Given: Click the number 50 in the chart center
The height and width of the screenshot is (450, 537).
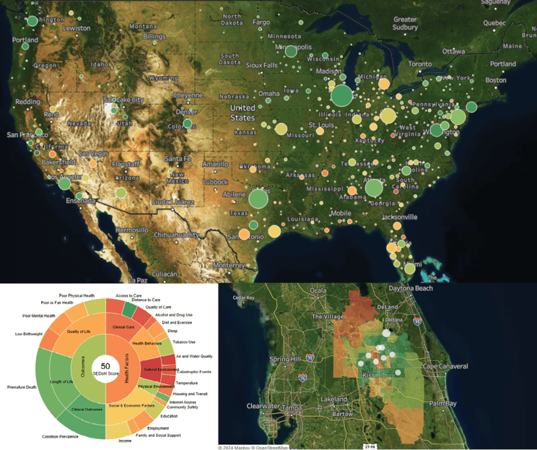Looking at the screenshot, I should [105, 367].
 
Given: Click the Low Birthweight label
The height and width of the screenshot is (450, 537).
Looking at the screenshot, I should [30, 334].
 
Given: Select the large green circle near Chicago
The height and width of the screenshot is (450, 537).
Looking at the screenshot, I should [342, 95].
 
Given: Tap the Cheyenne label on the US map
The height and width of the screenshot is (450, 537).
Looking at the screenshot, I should [187, 95].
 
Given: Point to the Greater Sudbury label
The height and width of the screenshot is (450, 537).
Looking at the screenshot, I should [405, 24].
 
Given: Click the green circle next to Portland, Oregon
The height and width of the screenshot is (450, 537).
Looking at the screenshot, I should [25, 46].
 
